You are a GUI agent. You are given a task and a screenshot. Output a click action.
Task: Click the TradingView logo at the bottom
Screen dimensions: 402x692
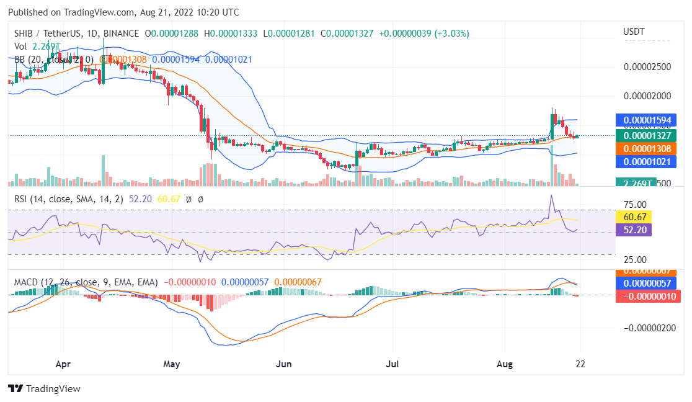tap(45, 388)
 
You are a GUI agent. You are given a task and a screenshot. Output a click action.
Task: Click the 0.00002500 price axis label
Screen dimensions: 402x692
tap(646, 66)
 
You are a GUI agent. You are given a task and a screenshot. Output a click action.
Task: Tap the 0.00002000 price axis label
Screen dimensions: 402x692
tap(646, 96)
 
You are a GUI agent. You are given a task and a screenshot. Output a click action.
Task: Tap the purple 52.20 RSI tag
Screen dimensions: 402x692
tap(633, 230)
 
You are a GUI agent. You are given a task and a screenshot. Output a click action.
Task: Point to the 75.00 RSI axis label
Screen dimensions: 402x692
tap(635, 204)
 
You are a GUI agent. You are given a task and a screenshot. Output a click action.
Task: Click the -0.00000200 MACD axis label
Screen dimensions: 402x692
tap(646, 328)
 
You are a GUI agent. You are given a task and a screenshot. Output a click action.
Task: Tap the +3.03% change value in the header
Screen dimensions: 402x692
tap(451, 33)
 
